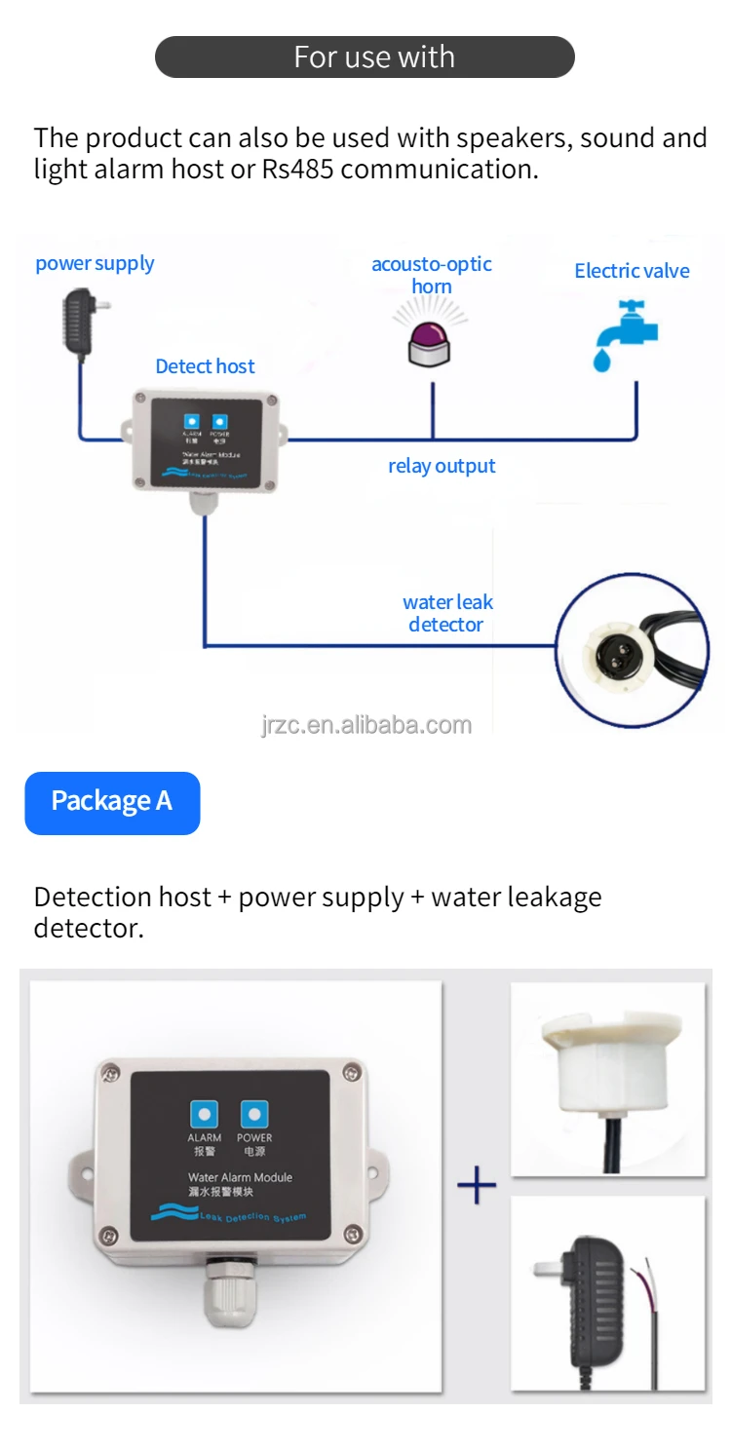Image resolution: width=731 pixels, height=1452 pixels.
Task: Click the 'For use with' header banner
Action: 365,57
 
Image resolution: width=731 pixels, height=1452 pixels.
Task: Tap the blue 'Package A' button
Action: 112,802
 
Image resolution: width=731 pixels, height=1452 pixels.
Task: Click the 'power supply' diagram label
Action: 95,263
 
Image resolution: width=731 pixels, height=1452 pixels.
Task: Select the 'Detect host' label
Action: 205,366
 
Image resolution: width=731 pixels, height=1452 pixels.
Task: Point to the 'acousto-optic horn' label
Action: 432,275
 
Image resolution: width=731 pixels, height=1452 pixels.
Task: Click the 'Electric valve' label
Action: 632,271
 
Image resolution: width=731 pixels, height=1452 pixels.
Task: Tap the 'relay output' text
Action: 442,466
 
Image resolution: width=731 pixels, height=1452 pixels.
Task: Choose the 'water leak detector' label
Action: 447,613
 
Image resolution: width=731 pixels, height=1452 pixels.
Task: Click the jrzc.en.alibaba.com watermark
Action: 366,725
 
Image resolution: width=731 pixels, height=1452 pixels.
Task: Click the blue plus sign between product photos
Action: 477,1185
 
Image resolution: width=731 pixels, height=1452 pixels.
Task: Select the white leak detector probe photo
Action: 607,1078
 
